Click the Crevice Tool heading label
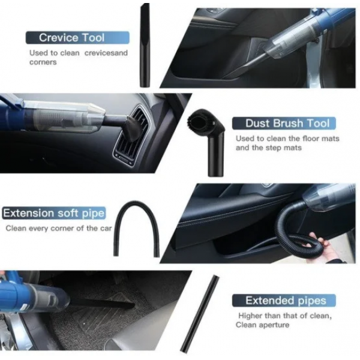point(77,37)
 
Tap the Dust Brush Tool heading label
point(284,123)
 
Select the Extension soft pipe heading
point(54,213)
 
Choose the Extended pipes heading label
point(284,301)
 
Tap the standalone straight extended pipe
point(199,314)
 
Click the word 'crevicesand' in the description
point(106,53)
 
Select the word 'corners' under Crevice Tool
point(43,62)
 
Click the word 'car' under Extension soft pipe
point(106,229)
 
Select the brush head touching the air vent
point(133,128)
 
